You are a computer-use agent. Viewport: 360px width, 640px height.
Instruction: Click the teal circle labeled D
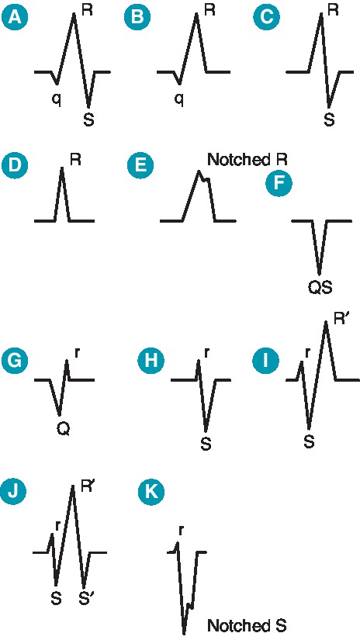pos(12,166)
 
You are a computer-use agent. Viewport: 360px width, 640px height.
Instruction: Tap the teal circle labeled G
pos(12,361)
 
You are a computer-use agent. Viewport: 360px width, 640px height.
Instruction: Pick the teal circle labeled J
pos(12,492)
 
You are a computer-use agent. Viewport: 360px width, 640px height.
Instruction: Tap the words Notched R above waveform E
pos(248,161)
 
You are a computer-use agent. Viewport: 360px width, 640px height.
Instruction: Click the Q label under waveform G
pos(61,427)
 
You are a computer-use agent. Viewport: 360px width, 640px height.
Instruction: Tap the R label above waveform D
pos(75,161)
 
